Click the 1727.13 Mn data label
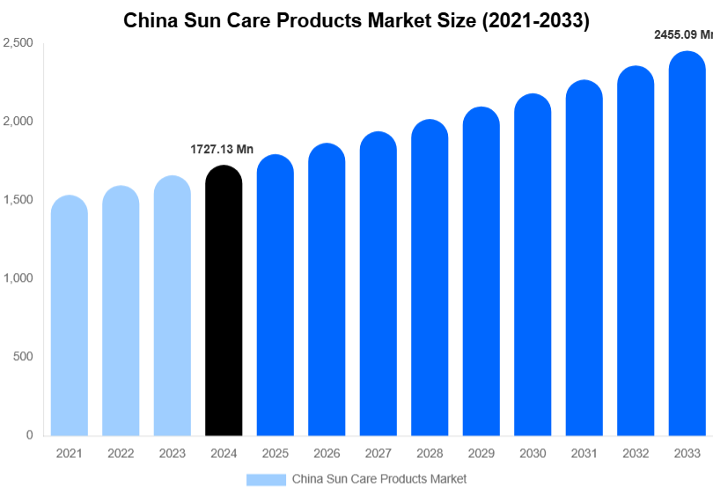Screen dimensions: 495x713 [222, 150]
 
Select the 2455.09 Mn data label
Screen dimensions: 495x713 [683, 35]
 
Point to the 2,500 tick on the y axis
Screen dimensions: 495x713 [18, 43]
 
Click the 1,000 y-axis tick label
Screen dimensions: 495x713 [18, 278]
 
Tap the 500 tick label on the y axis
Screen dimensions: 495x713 [23, 357]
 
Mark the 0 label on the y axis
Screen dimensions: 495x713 [29, 435]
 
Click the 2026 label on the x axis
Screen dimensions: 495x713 [327, 454]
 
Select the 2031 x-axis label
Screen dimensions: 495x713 [584, 454]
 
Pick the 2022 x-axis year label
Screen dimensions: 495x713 [121, 454]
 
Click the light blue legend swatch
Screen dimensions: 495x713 [266, 479]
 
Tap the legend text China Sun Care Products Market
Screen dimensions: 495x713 [379, 479]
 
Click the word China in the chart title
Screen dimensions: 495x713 [151, 20]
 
